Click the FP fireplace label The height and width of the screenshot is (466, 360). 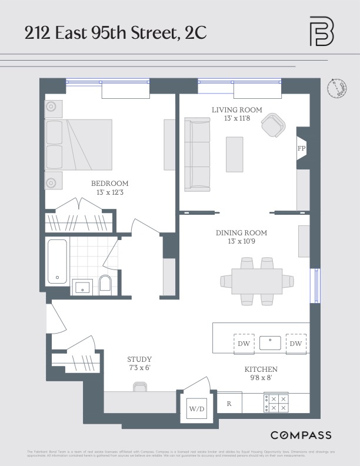(x=302, y=148)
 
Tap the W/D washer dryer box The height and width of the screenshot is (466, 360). (x=195, y=408)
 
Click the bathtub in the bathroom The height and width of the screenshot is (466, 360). (x=57, y=261)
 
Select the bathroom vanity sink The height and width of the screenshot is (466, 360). (x=82, y=287)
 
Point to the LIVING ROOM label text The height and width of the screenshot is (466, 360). (x=237, y=110)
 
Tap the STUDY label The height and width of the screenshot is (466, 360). (x=139, y=360)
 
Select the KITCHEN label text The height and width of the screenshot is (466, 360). (x=261, y=370)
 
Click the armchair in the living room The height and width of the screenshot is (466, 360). (x=273, y=125)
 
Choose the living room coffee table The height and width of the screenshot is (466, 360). (x=235, y=154)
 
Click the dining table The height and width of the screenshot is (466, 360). (x=257, y=282)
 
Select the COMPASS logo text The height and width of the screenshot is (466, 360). (x=301, y=435)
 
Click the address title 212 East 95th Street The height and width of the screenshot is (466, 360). (x=115, y=34)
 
